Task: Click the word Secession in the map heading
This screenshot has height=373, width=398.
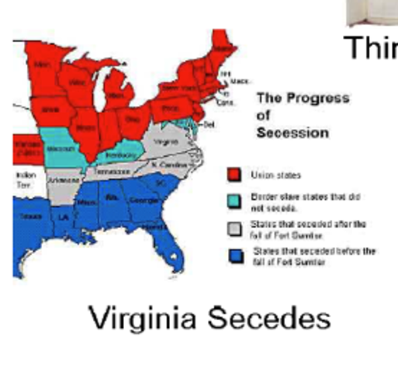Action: [292, 132]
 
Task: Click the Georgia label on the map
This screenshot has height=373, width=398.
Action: [140, 200]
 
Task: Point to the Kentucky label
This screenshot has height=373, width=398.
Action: [116, 155]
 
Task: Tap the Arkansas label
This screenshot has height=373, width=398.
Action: [58, 180]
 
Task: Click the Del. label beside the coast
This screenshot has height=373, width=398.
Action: [207, 124]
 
